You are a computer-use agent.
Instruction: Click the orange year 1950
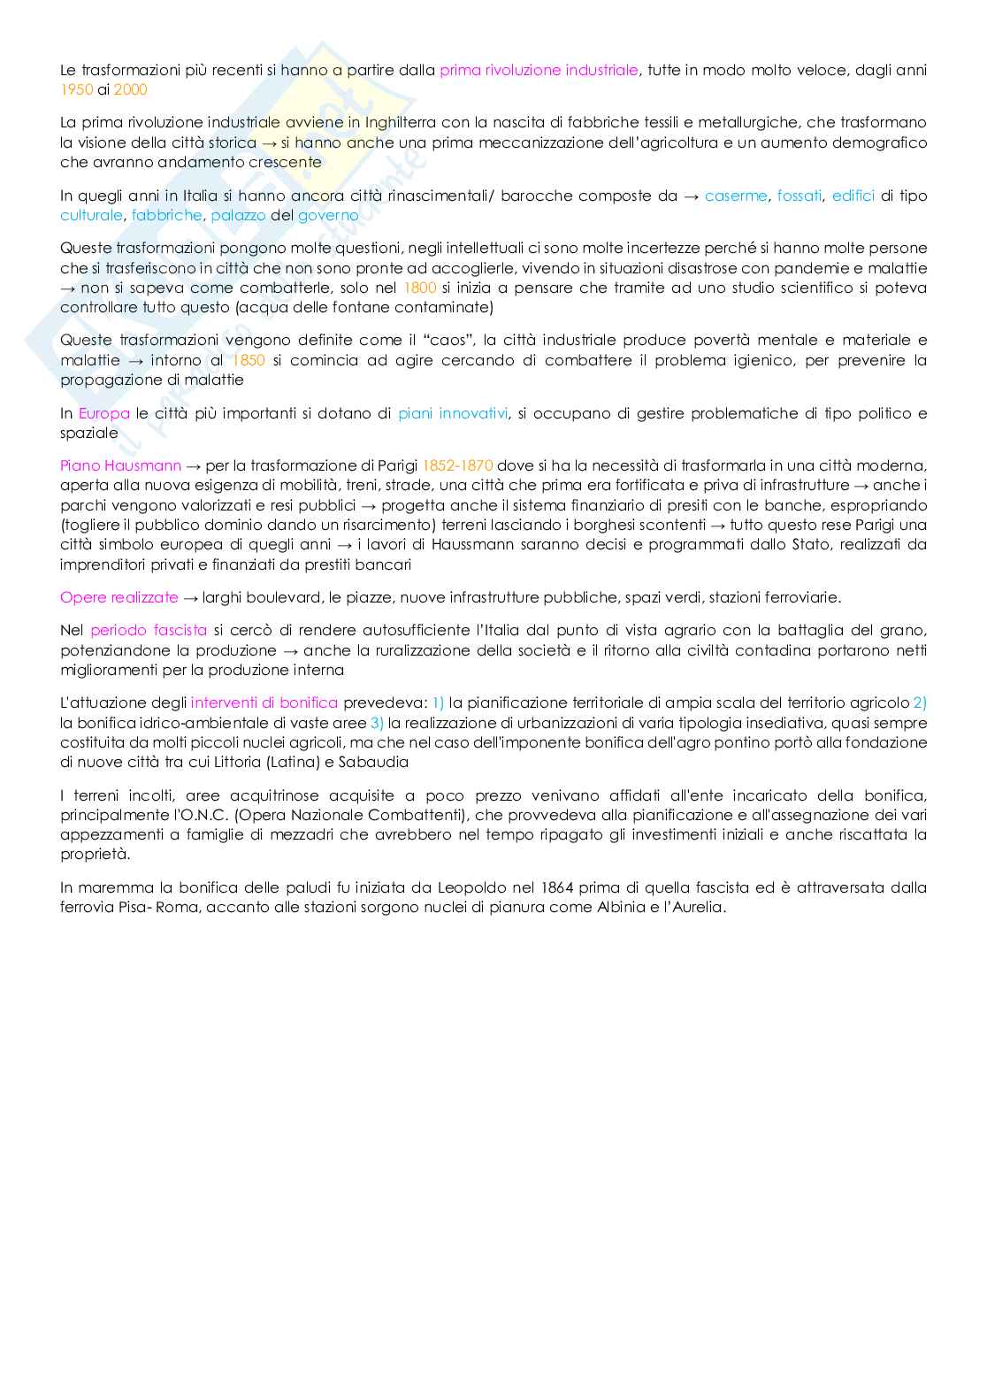(76, 89)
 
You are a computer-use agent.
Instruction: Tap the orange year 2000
(131, 89)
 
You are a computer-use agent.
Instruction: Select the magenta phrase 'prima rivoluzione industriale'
(539, 70)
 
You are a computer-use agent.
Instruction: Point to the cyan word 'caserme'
(736, 196)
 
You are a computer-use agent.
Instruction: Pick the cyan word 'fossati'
(800, 196)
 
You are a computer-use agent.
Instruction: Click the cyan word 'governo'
(328, 215)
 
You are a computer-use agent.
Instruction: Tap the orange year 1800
(419, 288)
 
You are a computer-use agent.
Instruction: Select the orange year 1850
(248, 360)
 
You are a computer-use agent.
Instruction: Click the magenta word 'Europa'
(103, 413)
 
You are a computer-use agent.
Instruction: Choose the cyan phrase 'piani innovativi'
(453, 413)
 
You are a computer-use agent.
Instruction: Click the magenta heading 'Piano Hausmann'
(120, 465)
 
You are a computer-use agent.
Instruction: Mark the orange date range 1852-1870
(457, 465)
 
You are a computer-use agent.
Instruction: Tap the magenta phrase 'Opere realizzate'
(119, 597)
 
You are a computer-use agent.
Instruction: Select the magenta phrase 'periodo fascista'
(149, 630)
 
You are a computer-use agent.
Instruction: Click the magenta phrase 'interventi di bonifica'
(264, 702)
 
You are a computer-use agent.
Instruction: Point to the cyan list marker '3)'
(377, 723)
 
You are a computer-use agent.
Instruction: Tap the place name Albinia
(624, 907)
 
